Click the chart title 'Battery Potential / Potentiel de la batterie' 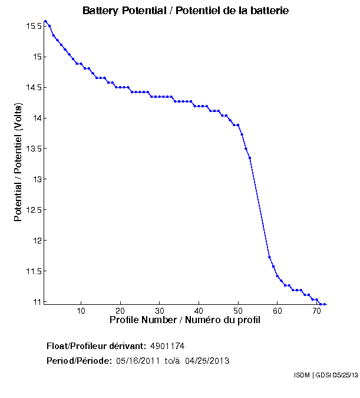pyautogui.click(x=186, y=11)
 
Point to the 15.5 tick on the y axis pyautogui.click(x=33, y=27)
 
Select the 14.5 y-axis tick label pyautogui.click(x=33, y=88)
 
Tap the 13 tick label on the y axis pyautogui.click(x=37, y=179)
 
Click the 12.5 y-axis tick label pyautogui.click(x=33, y=210)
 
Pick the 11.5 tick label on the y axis pyautogui.click(x=33, y=271)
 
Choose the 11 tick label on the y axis pyautogui.click(x=37, y=302)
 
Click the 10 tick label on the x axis pyautogui.click(x=81, y=311)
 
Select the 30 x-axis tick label pyautogui.click(x=160, y=311)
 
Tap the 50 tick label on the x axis pyautogui.click(x=238, y=311)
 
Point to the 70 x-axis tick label pyautogui.click(x=316, y=311)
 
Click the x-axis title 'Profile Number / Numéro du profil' pyautogui.click(x=185, y=320)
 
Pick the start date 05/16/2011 pyautogui.click(x=137, y=360)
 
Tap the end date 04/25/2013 pyautogui.click(x=207, y=360)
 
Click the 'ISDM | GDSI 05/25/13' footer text pyautogui.click(x=325, y=375)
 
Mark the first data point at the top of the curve pyautogui.click(x=45, y=21)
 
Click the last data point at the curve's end pyautogui.click(x=325, y=304)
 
